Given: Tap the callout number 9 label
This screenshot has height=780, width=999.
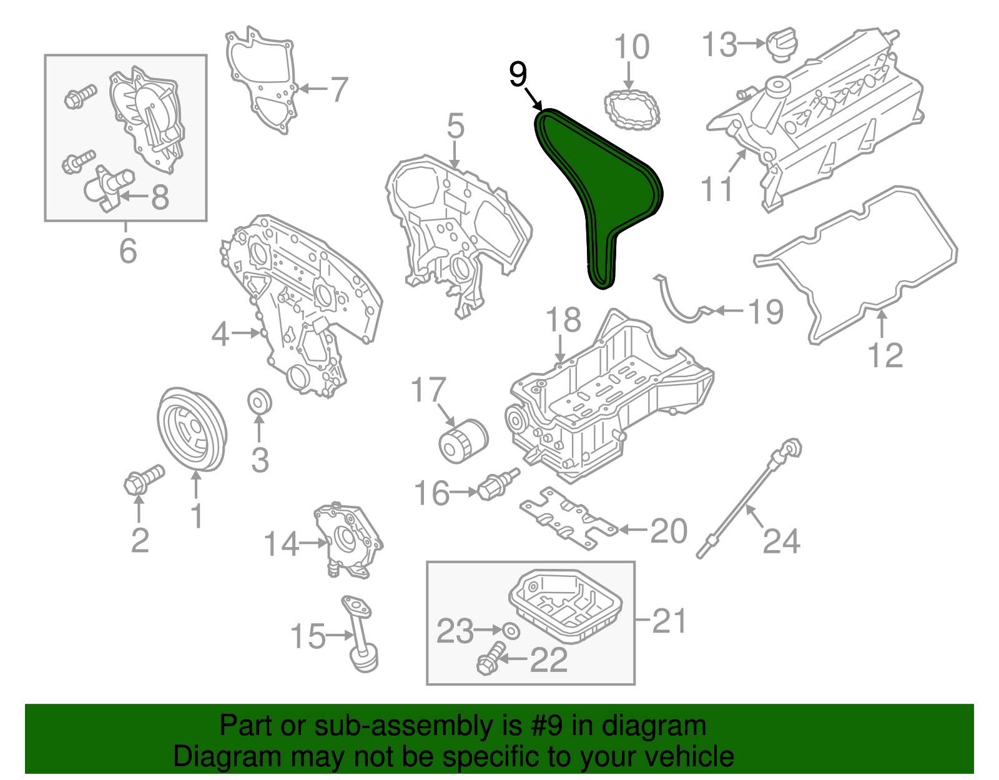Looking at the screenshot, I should tap(518, 74).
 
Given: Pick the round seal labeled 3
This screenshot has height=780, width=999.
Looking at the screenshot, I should tap(260, 402).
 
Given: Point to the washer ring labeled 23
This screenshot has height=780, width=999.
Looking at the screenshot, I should tap(511, 631).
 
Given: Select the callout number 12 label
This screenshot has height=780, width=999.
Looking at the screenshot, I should tap(885, 356).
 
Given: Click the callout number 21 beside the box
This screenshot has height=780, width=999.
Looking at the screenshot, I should tap(669, 621).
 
